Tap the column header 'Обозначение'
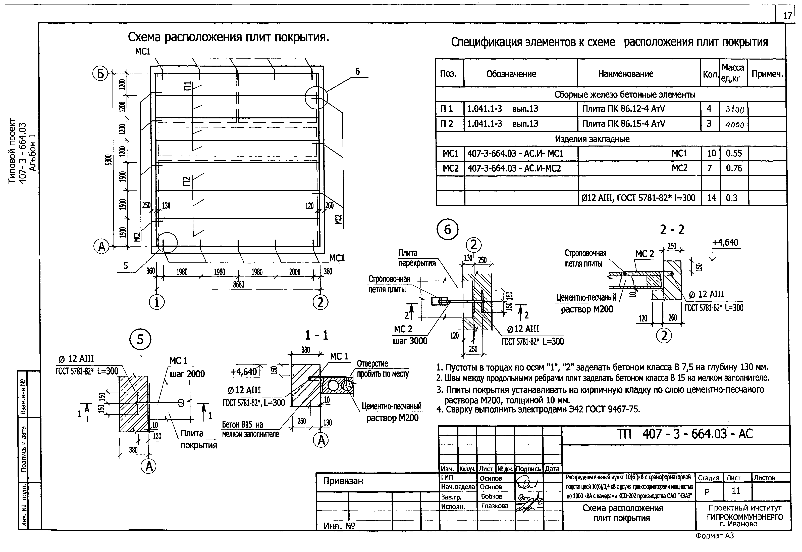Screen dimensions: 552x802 (511, 74)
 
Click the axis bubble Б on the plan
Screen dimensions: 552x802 (100, 74)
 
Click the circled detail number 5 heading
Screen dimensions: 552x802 (140, 339)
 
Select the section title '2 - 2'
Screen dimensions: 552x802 (672, 230)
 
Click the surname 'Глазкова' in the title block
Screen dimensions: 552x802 (494, 506)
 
